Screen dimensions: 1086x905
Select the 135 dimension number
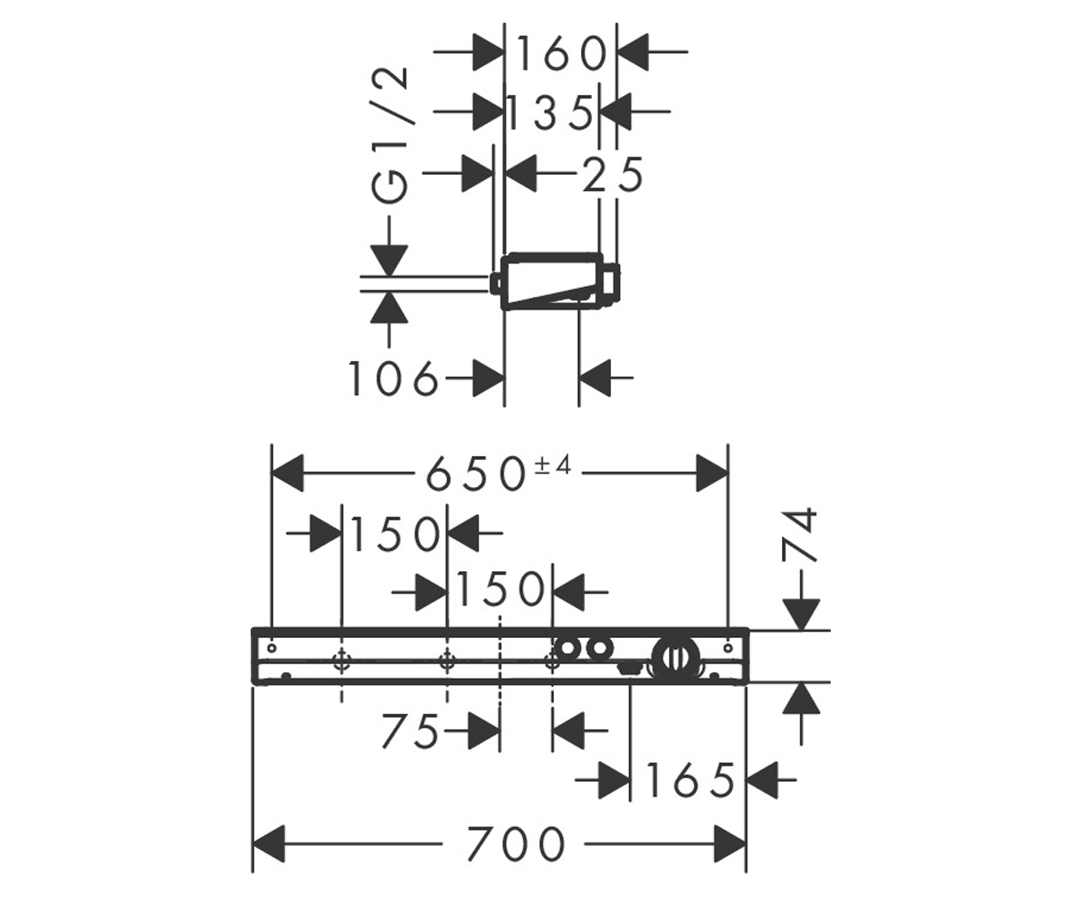coord(549,113)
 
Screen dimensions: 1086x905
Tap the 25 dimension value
coord(613,175)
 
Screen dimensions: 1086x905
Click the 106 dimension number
coord(393,379)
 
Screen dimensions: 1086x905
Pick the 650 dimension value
coord(475,474)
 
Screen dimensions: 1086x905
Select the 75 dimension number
coord(410,730)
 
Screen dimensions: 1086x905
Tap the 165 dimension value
coord(690,780)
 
